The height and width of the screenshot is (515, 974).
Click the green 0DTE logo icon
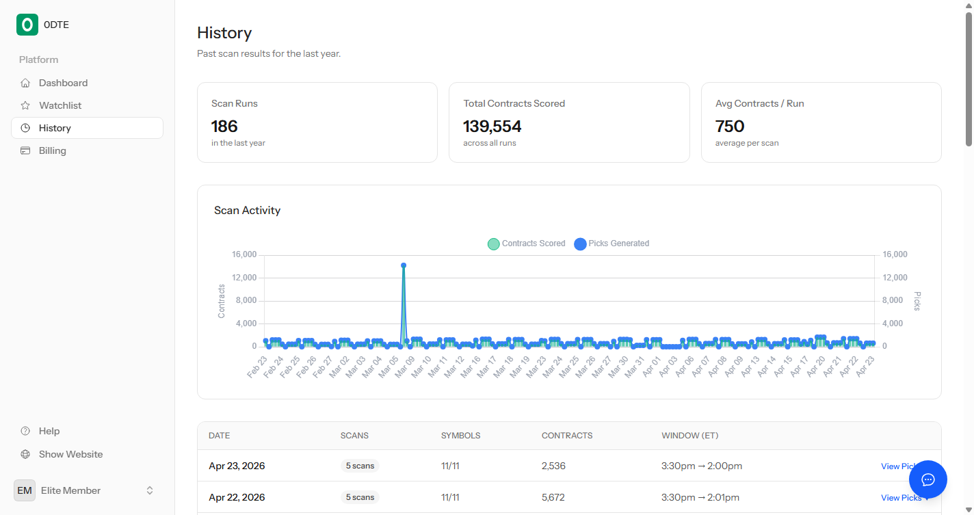27,25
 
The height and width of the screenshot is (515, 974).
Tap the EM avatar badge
25,490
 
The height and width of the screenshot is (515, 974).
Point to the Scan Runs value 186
224,126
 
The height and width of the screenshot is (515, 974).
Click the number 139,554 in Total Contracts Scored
492,126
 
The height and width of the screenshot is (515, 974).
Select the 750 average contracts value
730,126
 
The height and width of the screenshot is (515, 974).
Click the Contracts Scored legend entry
526,243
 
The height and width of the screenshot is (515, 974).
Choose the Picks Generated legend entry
611,243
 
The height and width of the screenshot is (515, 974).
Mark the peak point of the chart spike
404,265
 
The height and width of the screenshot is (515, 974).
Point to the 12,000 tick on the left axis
244,278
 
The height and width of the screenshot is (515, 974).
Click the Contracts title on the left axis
222,301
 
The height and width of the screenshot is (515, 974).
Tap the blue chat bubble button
928,479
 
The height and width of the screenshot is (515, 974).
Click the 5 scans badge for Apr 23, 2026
360,466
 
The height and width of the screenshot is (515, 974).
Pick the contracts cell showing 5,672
553,497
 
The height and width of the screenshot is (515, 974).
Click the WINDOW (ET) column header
689,436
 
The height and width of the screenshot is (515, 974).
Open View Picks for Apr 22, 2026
901,498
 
